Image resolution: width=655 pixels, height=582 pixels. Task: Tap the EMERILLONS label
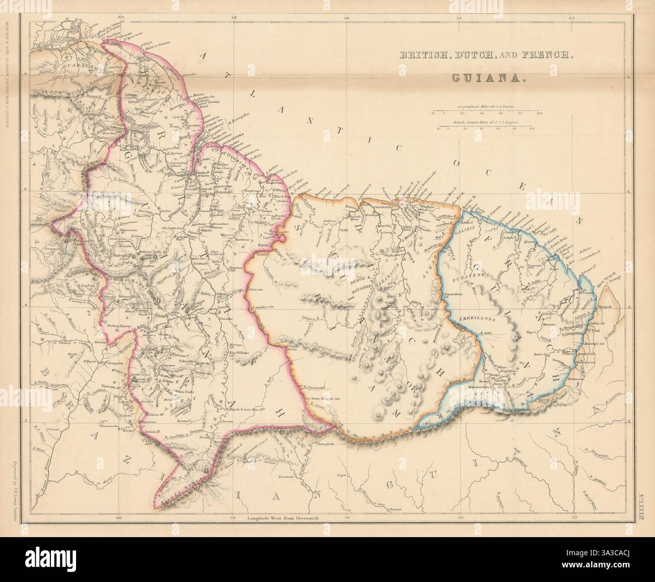coord(478,320)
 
